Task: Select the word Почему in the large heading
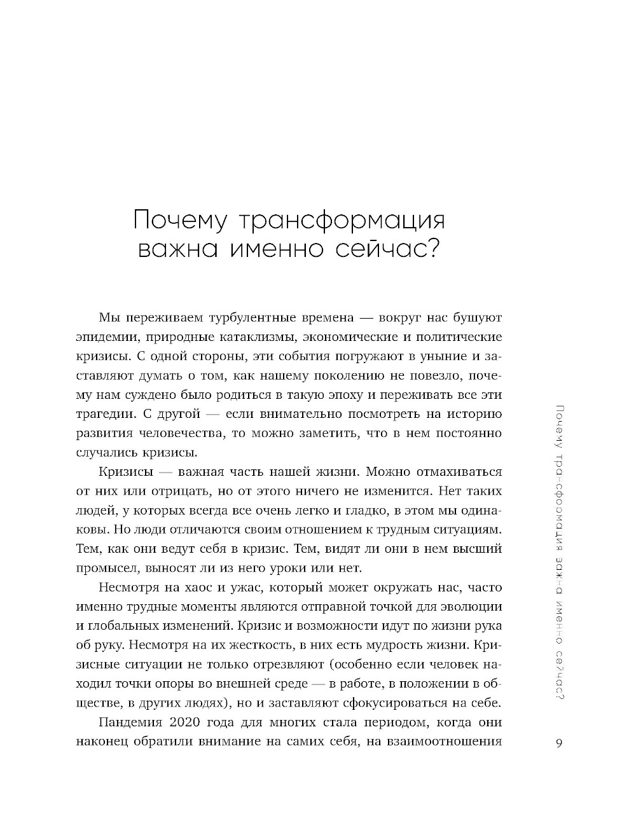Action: pos(179,221)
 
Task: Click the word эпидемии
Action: pos(105,337)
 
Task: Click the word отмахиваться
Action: pos(460,472)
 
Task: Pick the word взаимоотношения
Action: pos(445,742)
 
